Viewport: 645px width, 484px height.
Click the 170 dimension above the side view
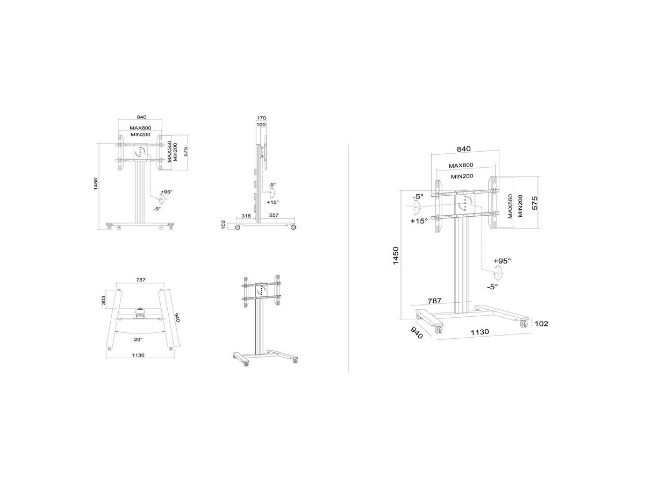pos(261,118)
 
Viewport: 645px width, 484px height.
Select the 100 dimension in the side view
pos(261,125)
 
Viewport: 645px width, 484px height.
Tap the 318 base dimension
pos(246,216)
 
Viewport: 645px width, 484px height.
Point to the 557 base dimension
pos(274,215)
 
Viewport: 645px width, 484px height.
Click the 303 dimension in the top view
pos(103,300)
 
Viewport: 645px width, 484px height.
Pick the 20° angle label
pos(138,339)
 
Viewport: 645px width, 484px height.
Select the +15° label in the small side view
pos(273,202)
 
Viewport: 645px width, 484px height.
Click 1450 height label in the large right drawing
pos(396,255)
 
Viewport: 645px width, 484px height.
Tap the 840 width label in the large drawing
pos(464,149)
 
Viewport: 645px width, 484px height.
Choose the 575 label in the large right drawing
pos(534,203)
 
